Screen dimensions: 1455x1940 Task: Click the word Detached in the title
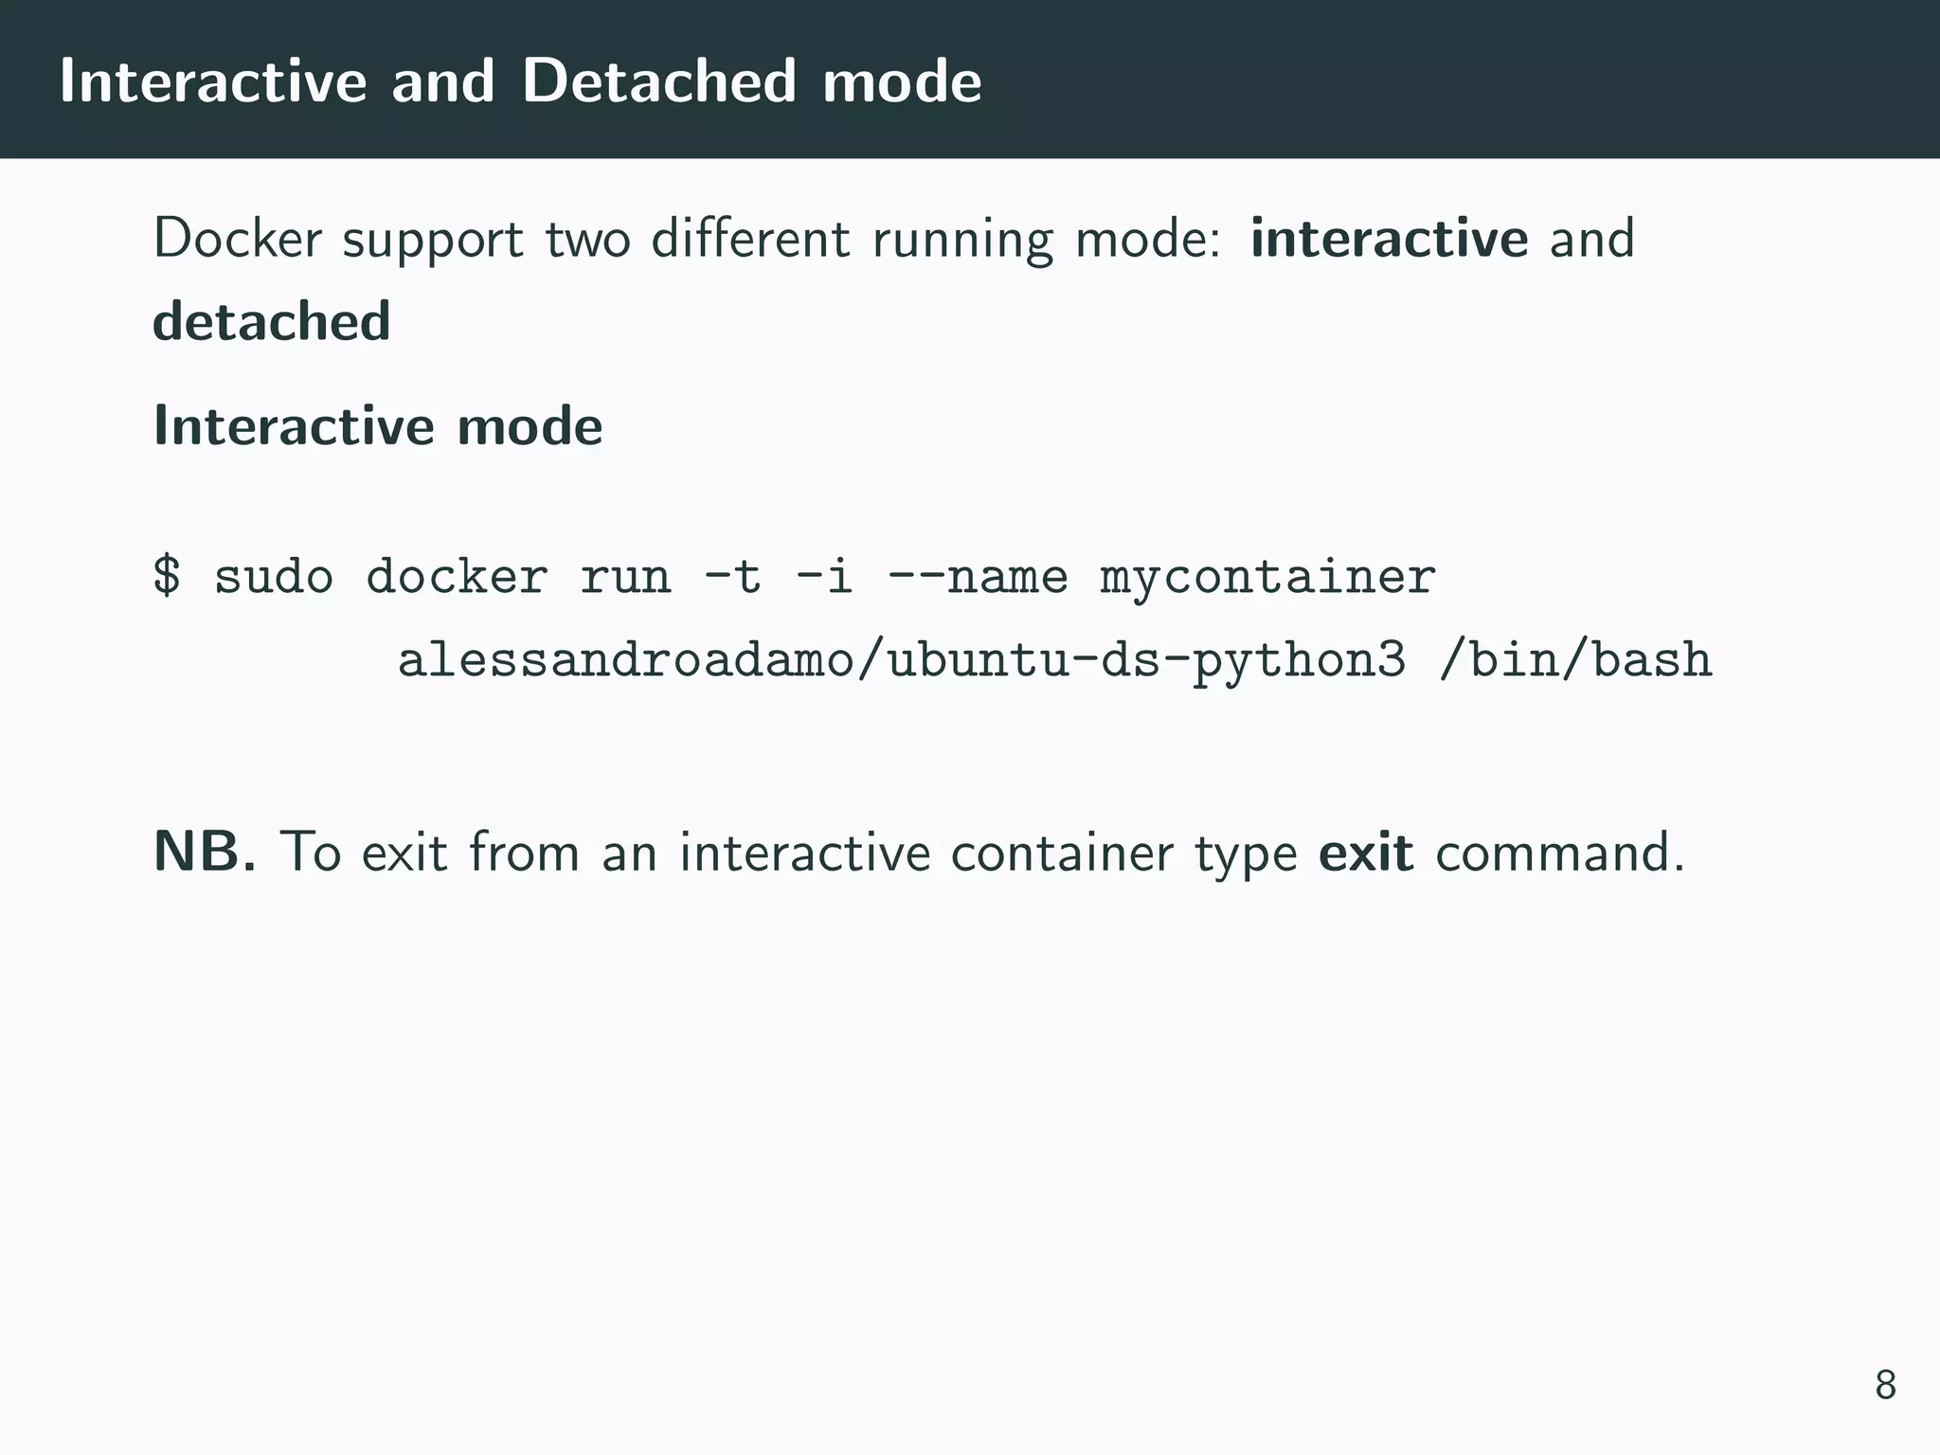[658, 81]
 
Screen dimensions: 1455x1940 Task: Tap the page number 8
[1885, 1385]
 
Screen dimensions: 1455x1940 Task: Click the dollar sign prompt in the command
[167, 576]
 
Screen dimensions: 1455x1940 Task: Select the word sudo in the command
[274, 576]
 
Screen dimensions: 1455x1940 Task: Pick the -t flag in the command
[732, 576]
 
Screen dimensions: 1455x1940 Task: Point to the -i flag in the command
[824, 576]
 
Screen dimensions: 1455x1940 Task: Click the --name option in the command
[977, 576]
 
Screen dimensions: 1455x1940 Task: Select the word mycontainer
[1267, 578]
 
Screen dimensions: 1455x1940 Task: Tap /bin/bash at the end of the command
[1574, 659]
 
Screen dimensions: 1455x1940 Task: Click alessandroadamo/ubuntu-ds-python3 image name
[901, 661]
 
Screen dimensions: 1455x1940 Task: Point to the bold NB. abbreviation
[205, 852]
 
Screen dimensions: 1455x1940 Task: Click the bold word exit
[1366, 852]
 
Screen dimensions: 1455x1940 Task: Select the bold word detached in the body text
[272, 321]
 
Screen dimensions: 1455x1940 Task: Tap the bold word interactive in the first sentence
[1389, 239]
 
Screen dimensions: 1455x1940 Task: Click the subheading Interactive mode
[378, 426]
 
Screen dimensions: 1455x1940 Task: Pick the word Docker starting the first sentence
[238, 239]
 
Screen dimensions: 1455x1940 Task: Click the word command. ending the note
[1560, 852]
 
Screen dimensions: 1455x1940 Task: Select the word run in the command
[625, 578]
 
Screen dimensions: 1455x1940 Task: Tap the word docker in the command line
[457, 576]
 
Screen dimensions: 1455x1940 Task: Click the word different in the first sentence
[750, 239]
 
